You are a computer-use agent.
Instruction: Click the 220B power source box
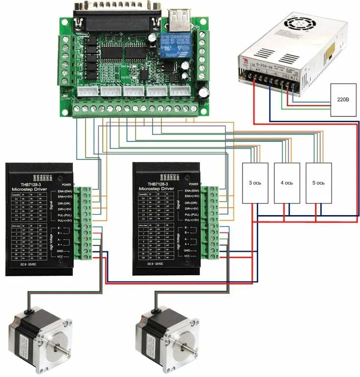click(342, 100)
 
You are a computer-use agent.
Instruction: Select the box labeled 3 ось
click(255, 182)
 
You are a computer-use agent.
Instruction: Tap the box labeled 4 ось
click(287, 182)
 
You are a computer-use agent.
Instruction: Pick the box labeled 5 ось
click(318, 182)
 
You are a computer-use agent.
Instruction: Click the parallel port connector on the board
click(117, 15)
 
